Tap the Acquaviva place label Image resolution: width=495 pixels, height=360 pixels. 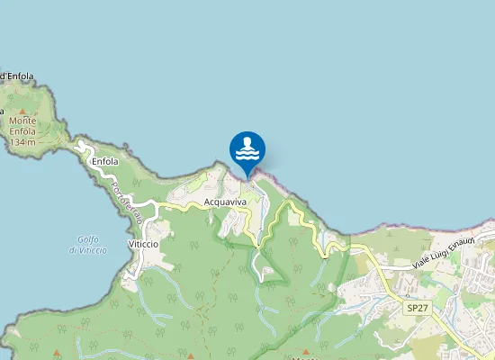[x=225, y=202]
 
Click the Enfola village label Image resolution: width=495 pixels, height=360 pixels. [x=105, y=162]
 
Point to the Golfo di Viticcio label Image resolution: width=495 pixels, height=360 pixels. [x=87, y=244]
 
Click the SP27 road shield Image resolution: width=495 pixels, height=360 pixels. [x=417, y=308]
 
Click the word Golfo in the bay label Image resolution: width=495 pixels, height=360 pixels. [x=86, y=238]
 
